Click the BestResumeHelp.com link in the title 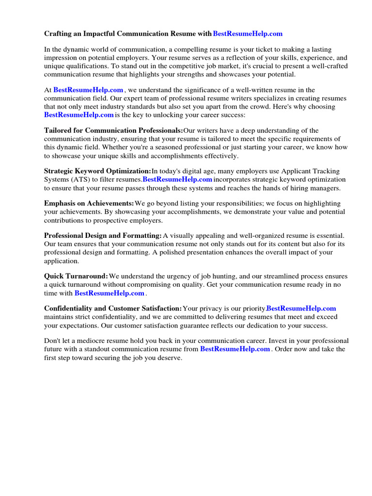click(x=248, y=34)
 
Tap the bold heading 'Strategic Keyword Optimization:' click(x=97, y=171)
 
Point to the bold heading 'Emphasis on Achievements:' click(x=89, y=203)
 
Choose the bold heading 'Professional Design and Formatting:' click(x=103, y=235)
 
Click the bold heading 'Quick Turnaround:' click(x=76, y=276)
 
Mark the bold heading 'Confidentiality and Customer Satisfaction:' click(x=113, y=308)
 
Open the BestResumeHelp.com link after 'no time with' click(x=109, y=294)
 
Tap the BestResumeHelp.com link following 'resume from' click(x=235, y=349)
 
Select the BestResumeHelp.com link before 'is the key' click(x=79, y=115)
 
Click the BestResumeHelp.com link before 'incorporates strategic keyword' click(x=177, y=180)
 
